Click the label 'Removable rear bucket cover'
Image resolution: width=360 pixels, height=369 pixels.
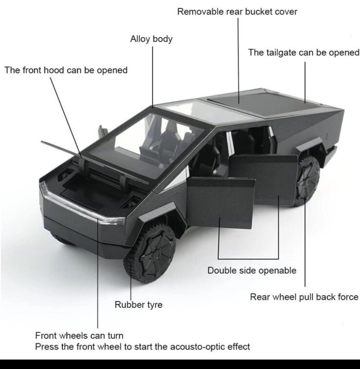(x=237, y=12)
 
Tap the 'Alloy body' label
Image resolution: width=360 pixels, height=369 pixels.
(x=151, y=39)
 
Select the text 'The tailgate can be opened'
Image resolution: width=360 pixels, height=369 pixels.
(x=303, y=53)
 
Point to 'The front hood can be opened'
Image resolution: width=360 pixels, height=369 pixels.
(x=66, y=70)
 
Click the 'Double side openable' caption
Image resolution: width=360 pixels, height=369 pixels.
(x=252, y=270)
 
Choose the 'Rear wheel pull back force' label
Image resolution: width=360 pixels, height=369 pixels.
(x=304, y=297)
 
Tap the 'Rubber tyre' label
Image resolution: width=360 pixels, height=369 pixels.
(x=138, y=305)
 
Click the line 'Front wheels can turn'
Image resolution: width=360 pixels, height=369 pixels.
(x=79, y=335)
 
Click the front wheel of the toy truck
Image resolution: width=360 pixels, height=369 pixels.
(x=150, y=253)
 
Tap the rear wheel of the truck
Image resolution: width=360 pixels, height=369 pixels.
(x=307, y=181)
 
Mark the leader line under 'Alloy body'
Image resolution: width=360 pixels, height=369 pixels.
(x=152, y=77)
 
